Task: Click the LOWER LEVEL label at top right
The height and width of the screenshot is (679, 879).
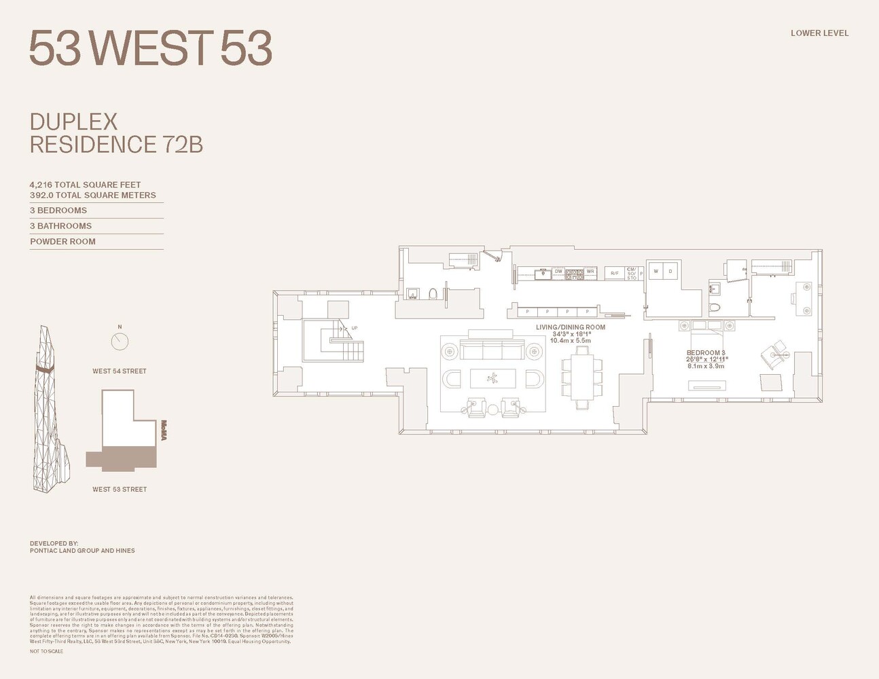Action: point(819,33)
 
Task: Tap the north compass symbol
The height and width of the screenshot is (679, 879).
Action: point(120,340)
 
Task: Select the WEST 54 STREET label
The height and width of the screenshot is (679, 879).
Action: point(120,371)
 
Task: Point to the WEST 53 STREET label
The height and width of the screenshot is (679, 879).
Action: point(120,490)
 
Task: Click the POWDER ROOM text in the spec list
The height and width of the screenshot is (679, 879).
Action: point(62,242)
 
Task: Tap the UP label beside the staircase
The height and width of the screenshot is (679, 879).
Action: point(354,328)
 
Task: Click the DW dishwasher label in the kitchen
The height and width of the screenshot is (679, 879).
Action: point(558,272)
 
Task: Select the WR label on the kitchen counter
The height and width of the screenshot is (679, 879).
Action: point(590,272)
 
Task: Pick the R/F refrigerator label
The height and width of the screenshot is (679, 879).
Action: point(614,273)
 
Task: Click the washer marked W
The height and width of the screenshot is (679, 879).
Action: point(656,271)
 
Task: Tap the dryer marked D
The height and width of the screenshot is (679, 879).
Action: point(670,271)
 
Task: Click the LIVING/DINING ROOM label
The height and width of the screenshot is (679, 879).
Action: point(570,327)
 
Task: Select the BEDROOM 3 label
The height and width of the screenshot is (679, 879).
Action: point(706,353)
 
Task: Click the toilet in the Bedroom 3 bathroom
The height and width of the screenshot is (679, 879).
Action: point(714,309)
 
